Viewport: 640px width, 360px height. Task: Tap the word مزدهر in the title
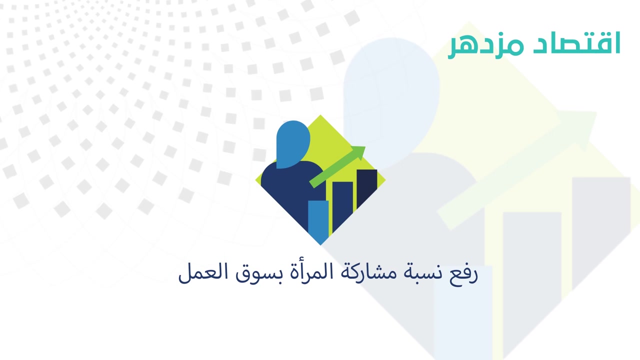[485, 47]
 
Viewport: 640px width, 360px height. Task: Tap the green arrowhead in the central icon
[359, 153]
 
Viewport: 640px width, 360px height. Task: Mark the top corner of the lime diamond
[320, 115]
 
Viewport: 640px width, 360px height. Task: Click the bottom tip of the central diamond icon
[320, 245]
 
